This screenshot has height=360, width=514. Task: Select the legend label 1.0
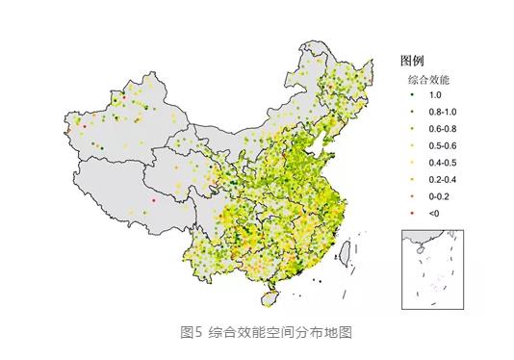435,95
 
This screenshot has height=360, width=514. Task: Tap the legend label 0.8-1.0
442,113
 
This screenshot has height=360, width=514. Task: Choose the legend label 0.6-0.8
442,129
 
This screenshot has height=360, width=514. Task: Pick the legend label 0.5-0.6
442,146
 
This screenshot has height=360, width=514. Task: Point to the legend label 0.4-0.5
442,163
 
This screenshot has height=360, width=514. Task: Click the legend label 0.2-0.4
442,180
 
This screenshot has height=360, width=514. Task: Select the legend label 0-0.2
439,196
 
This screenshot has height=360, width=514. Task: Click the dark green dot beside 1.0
412,95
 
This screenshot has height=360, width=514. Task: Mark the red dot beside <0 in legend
412,214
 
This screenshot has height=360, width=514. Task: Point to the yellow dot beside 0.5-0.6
412,146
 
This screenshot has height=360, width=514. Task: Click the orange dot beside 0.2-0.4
412,180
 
